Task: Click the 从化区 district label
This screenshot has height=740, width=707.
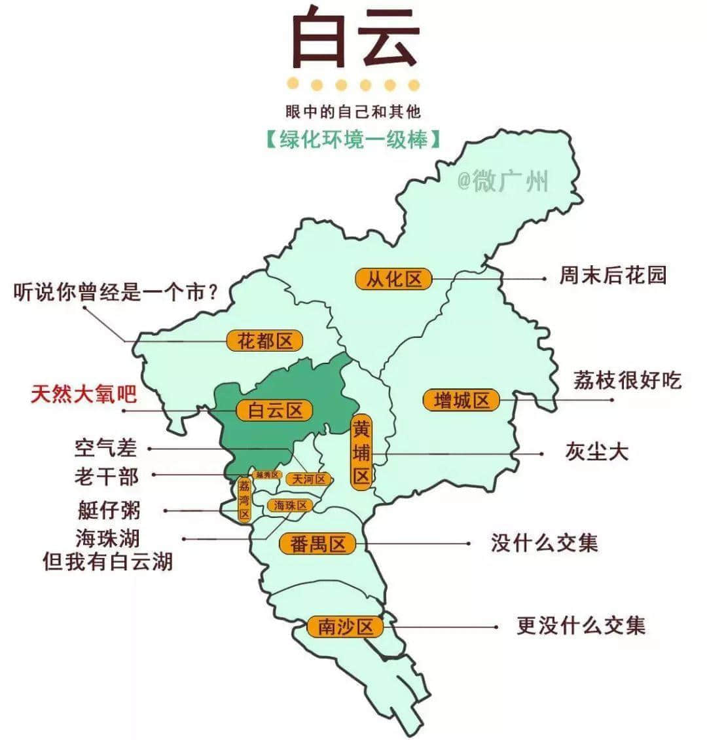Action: point(393,279)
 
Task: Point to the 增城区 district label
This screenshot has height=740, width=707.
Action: point(462,399)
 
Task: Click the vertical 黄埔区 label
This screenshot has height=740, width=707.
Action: point(361,452)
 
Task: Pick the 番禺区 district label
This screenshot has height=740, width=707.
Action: point(317,544)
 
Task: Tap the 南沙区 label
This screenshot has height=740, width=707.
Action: point(345,627)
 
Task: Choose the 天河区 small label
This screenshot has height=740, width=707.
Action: point(309,479)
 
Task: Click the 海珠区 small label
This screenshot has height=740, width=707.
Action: point(290,506)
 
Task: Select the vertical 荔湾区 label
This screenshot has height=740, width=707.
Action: point(244,500)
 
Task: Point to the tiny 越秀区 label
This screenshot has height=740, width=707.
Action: point(267,474)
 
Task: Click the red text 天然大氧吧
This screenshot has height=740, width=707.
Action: point(84,394)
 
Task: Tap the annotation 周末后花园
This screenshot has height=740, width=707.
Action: point(612,275)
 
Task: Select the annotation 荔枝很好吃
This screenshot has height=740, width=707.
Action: point(627,380)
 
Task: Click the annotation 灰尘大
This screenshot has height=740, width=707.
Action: point(596,452)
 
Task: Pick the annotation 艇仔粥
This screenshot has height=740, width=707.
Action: point(108,509)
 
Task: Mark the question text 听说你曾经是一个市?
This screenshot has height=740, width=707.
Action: point(115,292)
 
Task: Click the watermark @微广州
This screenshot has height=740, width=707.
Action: point(502,181)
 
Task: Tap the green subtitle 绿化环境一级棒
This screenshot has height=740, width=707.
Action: point(353,140)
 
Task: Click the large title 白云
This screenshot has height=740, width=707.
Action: point(353,39)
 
